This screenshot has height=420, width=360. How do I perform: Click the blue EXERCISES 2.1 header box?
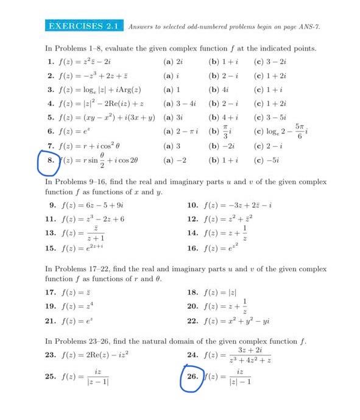85,26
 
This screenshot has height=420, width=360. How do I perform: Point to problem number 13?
51,233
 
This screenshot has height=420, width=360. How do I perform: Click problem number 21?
51,321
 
